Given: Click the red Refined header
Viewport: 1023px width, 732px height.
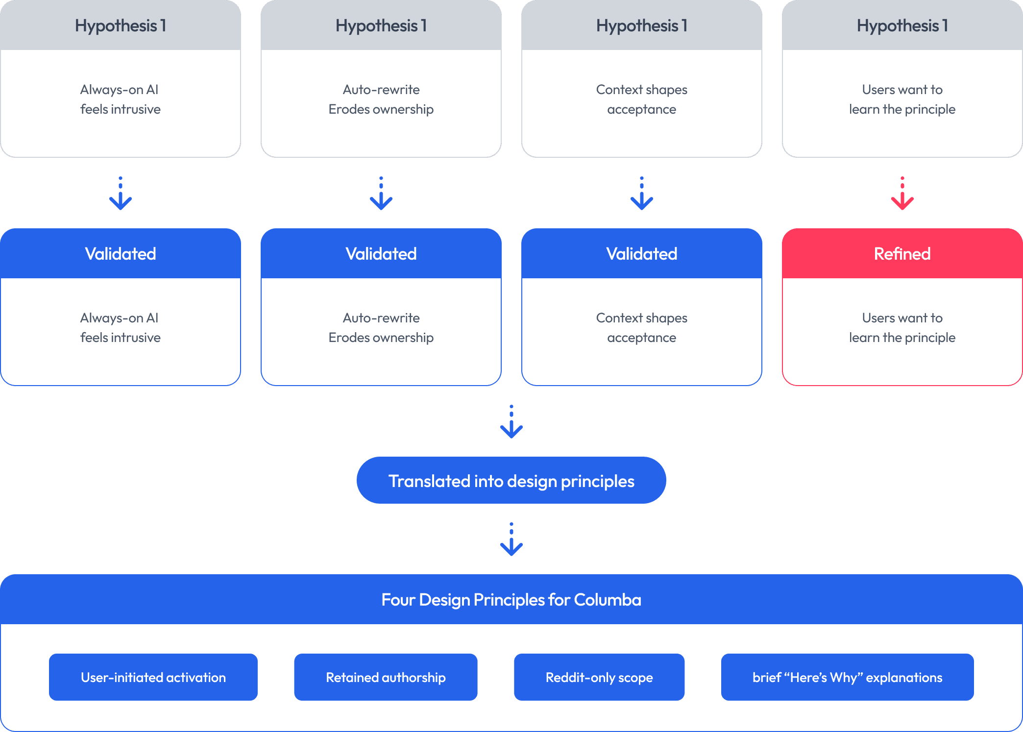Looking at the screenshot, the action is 902,253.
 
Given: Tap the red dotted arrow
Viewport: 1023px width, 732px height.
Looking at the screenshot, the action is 902,194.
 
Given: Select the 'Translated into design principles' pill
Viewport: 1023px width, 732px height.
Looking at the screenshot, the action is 511,480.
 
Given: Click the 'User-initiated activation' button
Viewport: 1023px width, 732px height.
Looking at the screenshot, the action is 153,677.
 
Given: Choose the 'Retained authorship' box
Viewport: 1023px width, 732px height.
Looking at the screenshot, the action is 386,677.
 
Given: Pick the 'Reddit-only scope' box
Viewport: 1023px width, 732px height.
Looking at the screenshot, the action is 599,677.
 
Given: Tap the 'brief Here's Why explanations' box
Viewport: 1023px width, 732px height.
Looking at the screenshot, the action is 848,677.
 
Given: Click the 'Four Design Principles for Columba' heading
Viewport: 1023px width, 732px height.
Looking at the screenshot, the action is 511,599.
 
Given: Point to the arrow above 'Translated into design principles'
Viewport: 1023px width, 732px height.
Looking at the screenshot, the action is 511,422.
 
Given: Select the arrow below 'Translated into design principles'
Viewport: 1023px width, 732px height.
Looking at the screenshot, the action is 511,539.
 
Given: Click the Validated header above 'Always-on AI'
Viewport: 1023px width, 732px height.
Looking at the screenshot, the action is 121,253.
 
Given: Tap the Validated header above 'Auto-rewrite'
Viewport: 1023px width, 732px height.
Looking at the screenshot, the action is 381,253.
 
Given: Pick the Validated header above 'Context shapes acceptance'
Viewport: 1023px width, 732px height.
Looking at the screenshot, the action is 642,253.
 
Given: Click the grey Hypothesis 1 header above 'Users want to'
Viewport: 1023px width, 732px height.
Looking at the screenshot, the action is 902,25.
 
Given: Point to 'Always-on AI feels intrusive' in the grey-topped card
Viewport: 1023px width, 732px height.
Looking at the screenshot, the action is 121,99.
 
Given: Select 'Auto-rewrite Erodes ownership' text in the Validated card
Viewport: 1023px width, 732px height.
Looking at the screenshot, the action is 381,328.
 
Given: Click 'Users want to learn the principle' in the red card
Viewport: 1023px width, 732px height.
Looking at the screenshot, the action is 902,328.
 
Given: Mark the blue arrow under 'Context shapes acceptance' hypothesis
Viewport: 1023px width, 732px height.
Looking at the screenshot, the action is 642,194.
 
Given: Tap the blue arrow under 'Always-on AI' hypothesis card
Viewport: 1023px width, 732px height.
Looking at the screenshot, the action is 121,194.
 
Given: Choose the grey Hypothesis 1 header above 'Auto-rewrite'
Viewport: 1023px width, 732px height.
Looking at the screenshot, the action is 381,25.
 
